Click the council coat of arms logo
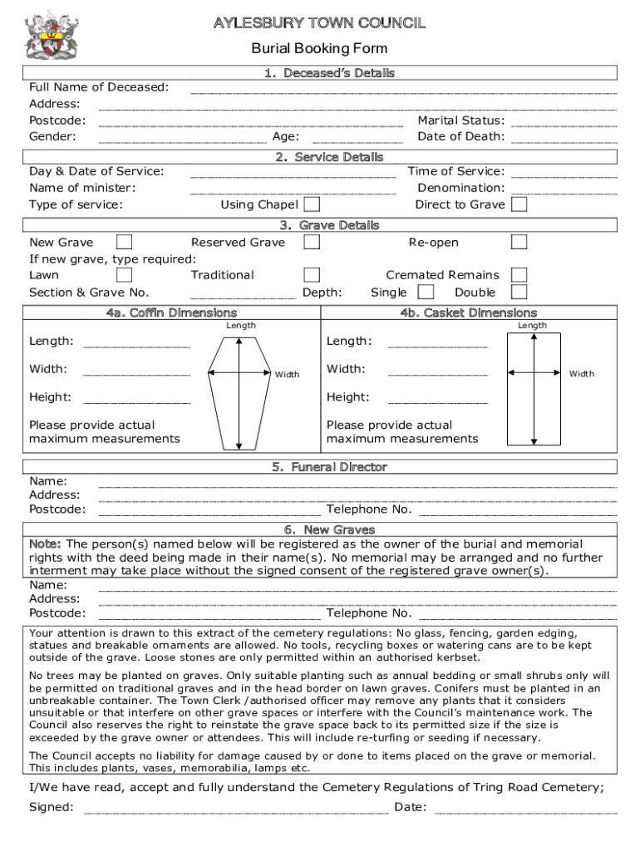click(x=52, y=35)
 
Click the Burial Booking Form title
click(x=319, y=48)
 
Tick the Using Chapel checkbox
click(x=312, y=204)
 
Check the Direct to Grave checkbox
click(x=519, y=204)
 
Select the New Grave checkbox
click(x=124, y=242)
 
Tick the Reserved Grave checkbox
click(x=312, y=242)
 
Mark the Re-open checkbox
click(x=519, y=242)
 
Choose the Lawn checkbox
click(x=124, y=274)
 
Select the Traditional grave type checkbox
click(x=312, y=274)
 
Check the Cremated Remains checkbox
click(x=519, y=274)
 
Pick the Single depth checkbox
click(x=426, y=292)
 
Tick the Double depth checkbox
click(x=519, y=292)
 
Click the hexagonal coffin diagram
click(x=239, y=386)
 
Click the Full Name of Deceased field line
click(x=403, y=91)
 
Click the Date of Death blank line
click(x=564, y=140)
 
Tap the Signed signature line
click(x=236, y=809)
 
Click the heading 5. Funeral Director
click(x=329, y=467)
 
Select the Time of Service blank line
click(x=564, y=175)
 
